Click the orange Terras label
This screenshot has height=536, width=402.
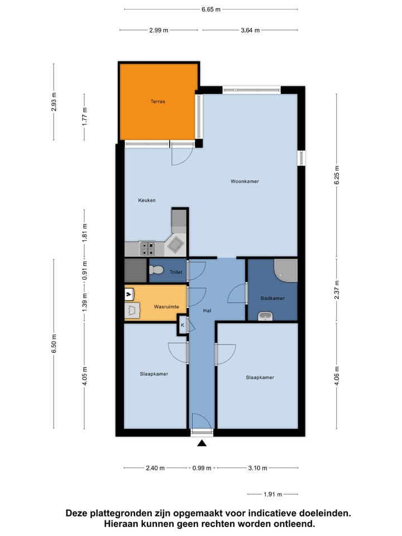coord(157,102)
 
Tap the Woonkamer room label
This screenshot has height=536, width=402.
coord(245,181)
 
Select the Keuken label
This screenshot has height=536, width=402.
coord(147,200)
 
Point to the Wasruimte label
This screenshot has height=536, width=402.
coord(166,307)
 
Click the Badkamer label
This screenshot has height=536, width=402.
coord(272,298)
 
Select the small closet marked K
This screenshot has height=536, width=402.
coord(183,324)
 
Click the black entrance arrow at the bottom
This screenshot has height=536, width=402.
coord(202,443)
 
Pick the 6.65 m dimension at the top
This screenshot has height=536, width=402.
coord(210,9)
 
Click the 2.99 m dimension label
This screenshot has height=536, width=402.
coord(159,31)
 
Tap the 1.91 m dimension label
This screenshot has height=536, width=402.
coord(272,494)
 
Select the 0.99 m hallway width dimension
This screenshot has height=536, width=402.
coord(202,468)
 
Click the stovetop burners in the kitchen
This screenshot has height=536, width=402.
coord(147,247)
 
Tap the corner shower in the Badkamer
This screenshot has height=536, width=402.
coord(287,270)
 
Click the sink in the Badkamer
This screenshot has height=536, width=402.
coord(266,317)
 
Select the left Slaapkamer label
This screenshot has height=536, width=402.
coord(154,374)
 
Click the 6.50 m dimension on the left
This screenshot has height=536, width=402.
coord(54,342)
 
